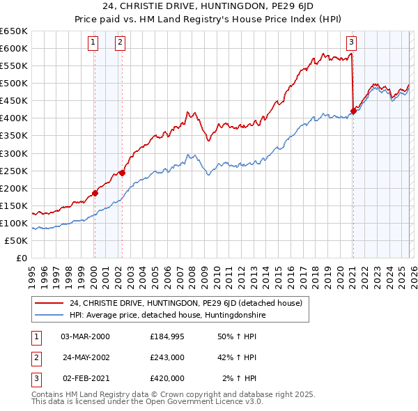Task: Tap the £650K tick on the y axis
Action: click(15, 31)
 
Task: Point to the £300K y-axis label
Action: click(15, 153)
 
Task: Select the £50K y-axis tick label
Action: click(17, 240)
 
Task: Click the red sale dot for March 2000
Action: click(95, 194)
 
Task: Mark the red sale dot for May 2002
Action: click(122, 173)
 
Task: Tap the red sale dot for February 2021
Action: click(353, 111)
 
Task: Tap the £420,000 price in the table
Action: click(167, 378)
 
